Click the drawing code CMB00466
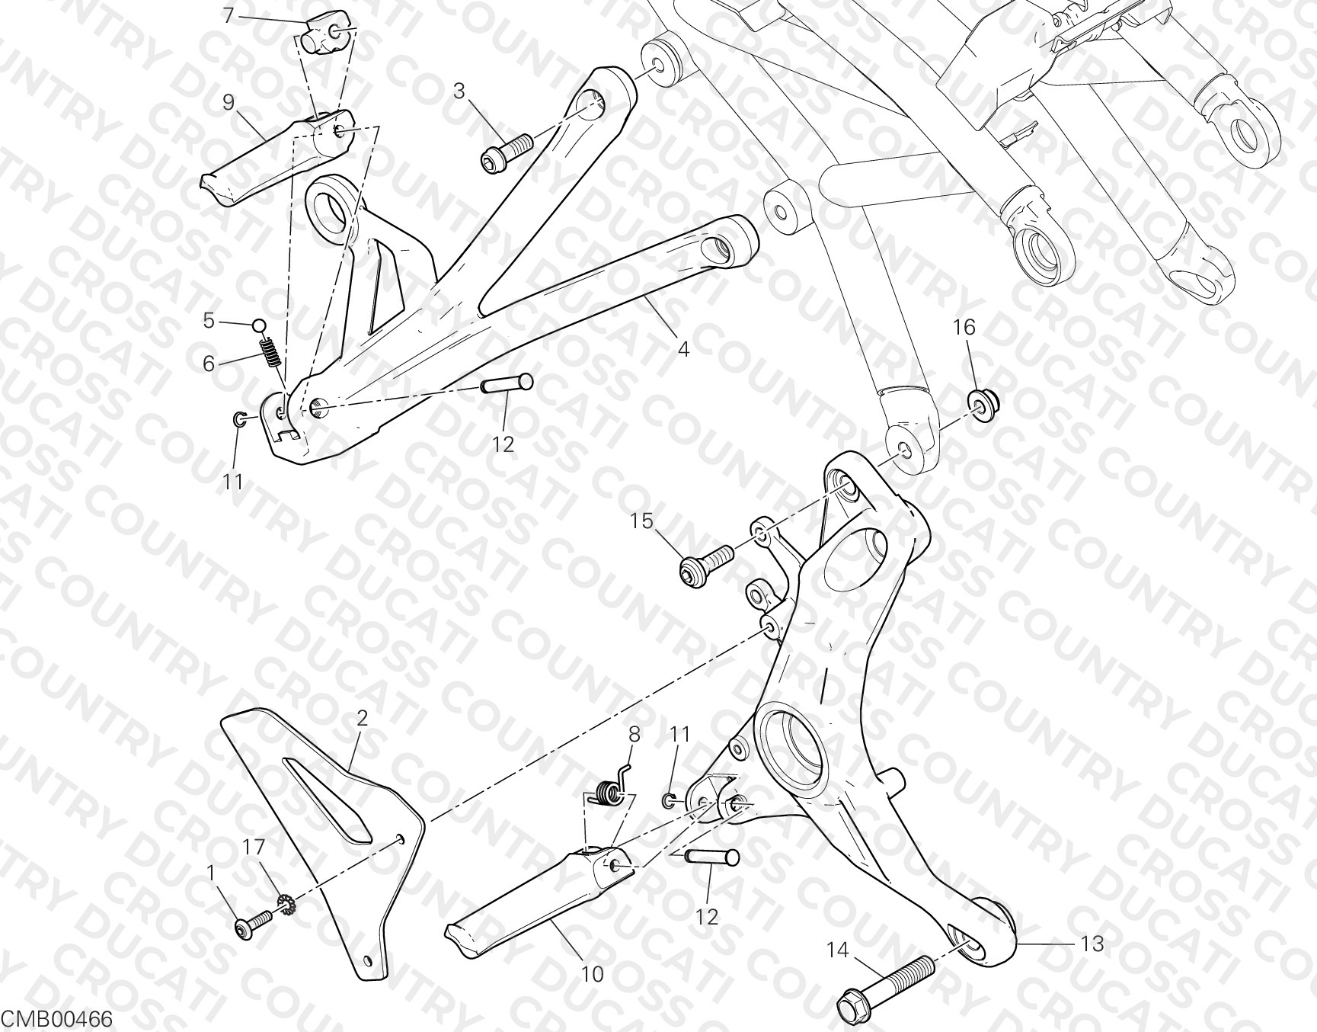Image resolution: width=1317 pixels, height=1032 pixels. coord(57,1019)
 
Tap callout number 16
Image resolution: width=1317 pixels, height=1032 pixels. coord(964,327)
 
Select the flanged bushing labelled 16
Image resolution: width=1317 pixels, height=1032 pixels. coord(983,402)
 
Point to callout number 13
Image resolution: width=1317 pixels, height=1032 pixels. coord(1092,944)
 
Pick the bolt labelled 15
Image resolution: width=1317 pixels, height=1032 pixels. coord(706,564)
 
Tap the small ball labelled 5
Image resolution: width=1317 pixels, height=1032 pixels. coord(259,326)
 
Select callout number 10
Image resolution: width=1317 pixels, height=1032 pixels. coord(592,973)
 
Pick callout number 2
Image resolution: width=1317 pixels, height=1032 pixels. coord(362,717)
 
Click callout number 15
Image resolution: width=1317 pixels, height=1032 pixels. coord(641,521)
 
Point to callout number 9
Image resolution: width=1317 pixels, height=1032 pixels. coord(229,101)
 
